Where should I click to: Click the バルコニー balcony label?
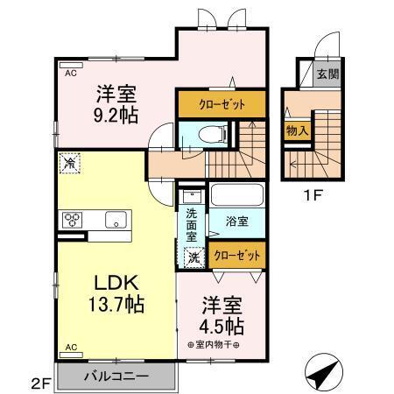click(x=116, y=376)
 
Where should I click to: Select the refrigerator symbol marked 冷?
click(x=68, y=162)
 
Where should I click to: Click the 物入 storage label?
click(x=297, y=130)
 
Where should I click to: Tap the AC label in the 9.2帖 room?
click(x=71, y=74)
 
